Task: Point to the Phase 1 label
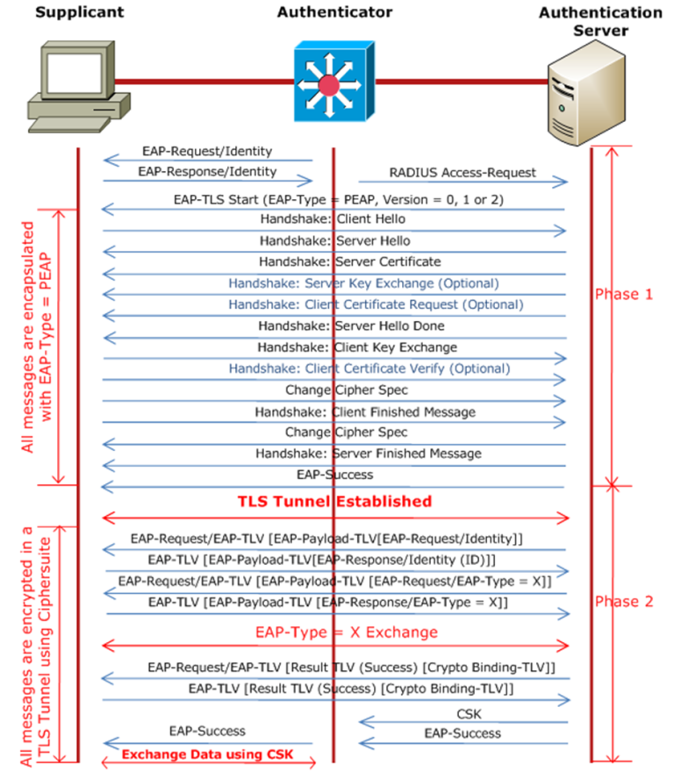pyautogui.click(x=624, y=294)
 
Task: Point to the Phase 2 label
pyautogui.click(x=624, y=602)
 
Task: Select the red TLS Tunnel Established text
pyautogui.click(x=334, y=501)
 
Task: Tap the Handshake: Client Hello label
pyautogui.click(x=333, y=219)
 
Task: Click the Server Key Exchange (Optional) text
pyautogui.click(x=363, y=283)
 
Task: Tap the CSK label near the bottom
pyautogui.click(x=469, y=714)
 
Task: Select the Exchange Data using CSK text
pyautogui.click(x=206, y=754)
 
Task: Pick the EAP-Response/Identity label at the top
pyautogui.click(x=207, y=172)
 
